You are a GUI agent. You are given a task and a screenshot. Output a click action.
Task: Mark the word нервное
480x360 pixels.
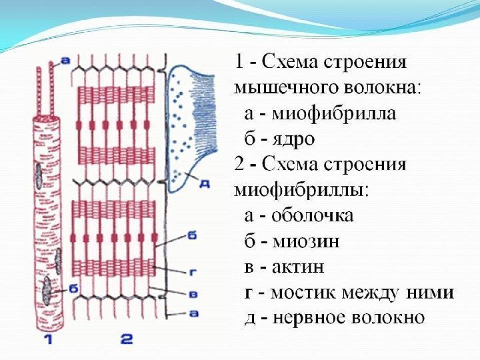click(x=307, y=318)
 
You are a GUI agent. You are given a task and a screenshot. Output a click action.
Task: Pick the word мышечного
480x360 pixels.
click(x=278, y=89)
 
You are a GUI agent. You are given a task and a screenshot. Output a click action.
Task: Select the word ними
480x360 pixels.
click(x=429, y=293)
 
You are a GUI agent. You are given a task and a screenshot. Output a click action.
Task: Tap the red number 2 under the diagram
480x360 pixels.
click(x=126, y=339)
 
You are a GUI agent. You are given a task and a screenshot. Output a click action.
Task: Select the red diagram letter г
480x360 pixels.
click(x=191, y=272)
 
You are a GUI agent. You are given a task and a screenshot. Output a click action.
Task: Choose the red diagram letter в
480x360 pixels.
click(x=191, y=293)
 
